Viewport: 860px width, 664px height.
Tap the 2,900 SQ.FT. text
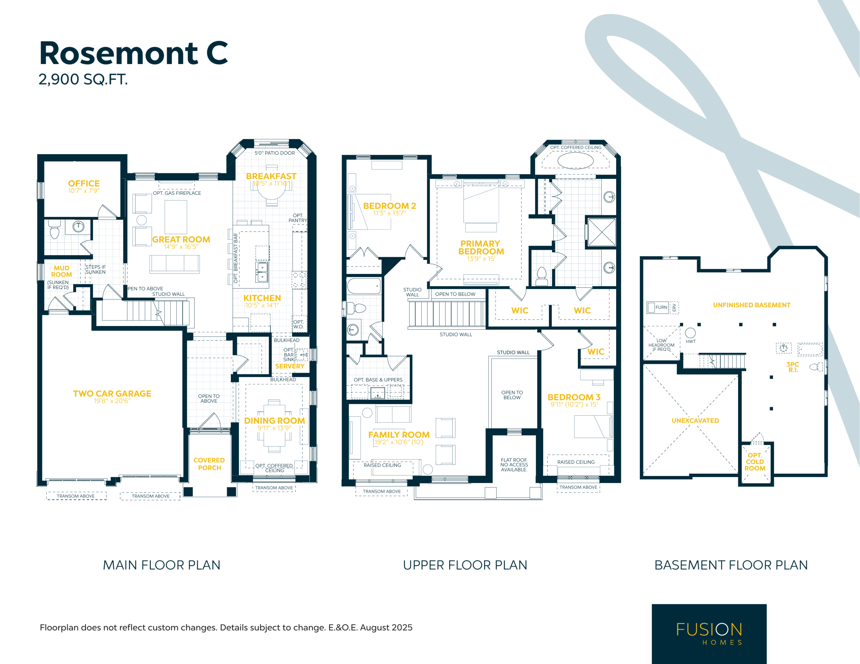pyautogui.click(x=83, y=80)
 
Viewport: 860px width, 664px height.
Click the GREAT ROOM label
pyautogui.click(x=181, y=239)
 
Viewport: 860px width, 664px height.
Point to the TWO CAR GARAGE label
pyautogui.click(x=112, y=393)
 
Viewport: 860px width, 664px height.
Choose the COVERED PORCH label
pyautogui.click(x=209, y=464)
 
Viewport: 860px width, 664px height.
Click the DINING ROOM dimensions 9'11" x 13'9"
pyautogui.click(x=274, y=428)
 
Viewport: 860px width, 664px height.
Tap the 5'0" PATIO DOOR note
pyautogui.click(x=274, y=153)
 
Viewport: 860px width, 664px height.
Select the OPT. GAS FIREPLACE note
pyautogui.click(x=177, y=193)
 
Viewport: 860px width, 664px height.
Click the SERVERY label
pyautogui.click(x=290, y=367)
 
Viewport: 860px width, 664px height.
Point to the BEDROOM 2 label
pyautogui.click(x=389, y=206)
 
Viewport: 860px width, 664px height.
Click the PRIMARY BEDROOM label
pyautogui.click(x=481, y=247)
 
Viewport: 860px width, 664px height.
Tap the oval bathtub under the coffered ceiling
pyautogui.click(x=575, y=160)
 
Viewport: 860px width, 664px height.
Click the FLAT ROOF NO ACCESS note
pyautogui.click(x=514, y=465)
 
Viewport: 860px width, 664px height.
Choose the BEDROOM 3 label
pyautogui.click(x=574, y=397)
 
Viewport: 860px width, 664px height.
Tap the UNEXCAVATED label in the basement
pyautogui.click(x=695, y=421)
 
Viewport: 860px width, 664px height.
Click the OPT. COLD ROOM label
pyautogui.click(x=755, y=462)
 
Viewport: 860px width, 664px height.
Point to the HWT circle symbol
pyautogui.click(x=690, y=333)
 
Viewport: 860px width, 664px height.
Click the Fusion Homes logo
pyautogui.click(x=709, y=634)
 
